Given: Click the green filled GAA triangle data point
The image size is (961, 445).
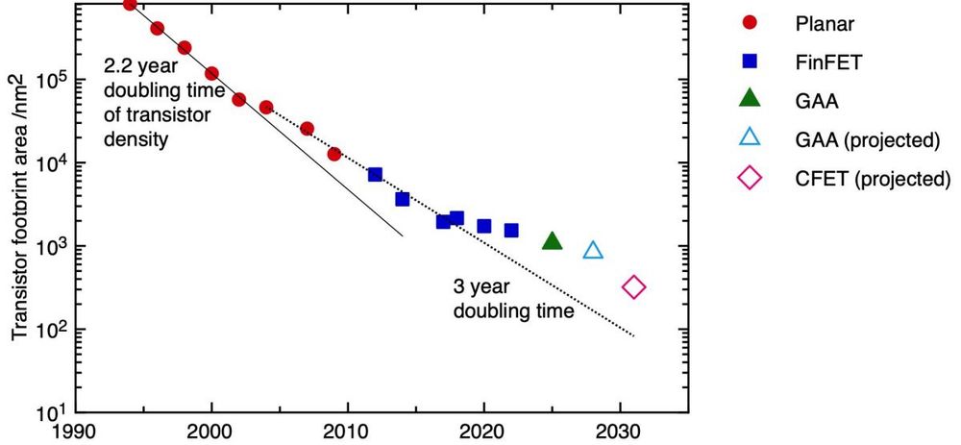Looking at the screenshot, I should pyautogui.click(x=552, y=240).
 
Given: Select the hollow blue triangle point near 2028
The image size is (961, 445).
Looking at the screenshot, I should pyautogui.click(x=593, y=251).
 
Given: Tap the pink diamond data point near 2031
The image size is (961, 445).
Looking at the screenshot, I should pyautogui.click(x=633, y=286).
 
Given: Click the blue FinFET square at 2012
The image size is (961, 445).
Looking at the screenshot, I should pyautogui.click(x=375, y=174).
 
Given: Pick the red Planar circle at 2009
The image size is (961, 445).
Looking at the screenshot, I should pyautogui.click(x=334, y=154).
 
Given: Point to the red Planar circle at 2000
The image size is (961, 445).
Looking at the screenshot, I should pyautogui.click(x=211, y=73).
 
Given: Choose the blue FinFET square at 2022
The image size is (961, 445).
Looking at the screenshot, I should pyautogui.click(x=511, y=230).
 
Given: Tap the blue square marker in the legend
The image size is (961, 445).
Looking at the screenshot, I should pyautogui.click(x=751, y=62).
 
